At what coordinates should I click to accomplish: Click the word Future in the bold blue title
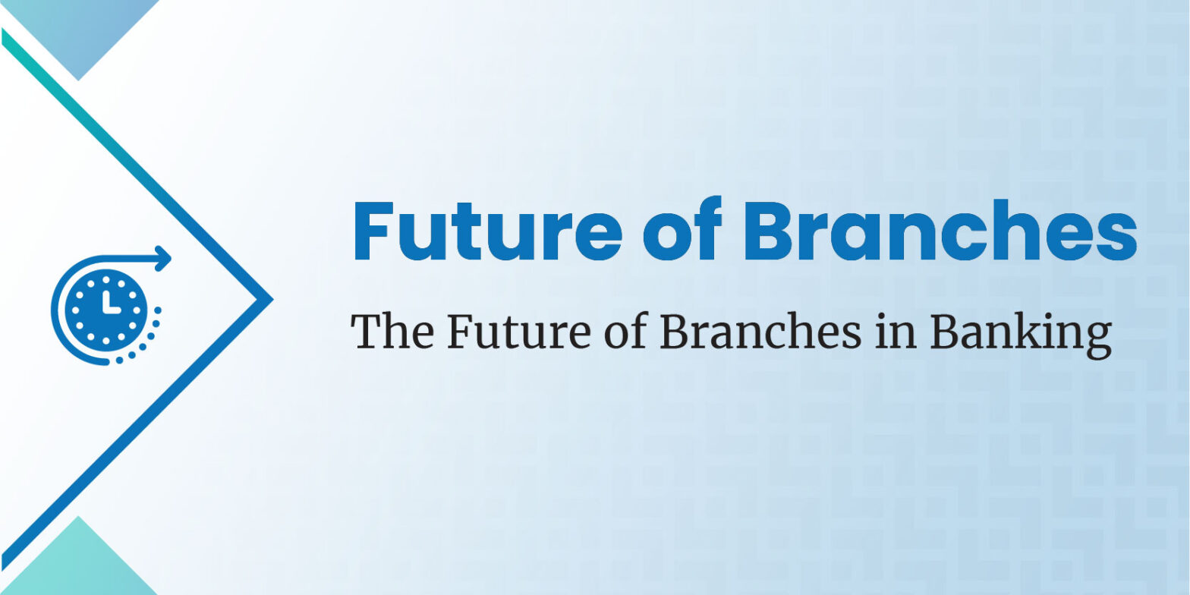tap(488, 230)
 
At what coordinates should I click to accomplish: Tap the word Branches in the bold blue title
tap(940, 229)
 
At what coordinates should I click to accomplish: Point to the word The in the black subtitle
tap(392, 331)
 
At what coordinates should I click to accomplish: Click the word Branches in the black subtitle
tap(760, 331)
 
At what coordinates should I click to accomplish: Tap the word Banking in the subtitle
tap(1021, 335)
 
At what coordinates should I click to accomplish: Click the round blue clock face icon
tap(105, 310)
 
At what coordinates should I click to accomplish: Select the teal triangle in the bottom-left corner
tap(79, 564)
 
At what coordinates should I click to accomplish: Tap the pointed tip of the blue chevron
tap(272, 300)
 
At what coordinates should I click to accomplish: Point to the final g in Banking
tap(1095, 339)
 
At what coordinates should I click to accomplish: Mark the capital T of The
tap(367, 332)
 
